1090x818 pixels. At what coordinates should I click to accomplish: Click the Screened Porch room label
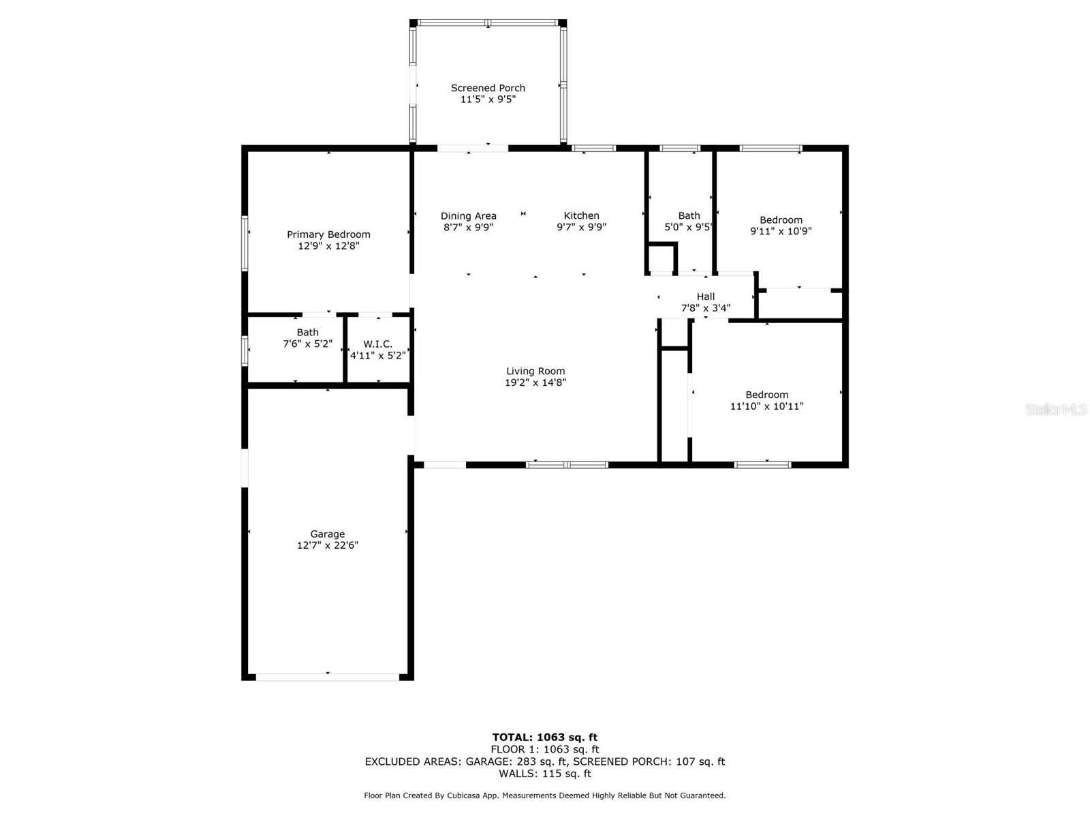point(488,88)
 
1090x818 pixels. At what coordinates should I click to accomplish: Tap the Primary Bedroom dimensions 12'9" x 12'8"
point(328,246)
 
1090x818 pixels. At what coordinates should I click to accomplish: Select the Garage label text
point(328,534)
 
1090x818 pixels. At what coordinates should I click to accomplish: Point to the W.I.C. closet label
point(377,344)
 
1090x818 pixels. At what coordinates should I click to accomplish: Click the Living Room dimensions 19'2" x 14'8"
point(535,383)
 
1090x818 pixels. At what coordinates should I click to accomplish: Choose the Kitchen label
point(581,215)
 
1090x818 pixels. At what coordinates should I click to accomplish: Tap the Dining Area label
point(468,215)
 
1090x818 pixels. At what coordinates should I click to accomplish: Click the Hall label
point(706,297)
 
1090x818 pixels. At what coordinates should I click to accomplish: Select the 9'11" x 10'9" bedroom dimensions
point(781,231)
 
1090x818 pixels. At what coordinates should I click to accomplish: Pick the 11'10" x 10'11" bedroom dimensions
point(766,406)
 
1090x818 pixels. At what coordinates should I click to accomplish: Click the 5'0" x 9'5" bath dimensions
point(688,227)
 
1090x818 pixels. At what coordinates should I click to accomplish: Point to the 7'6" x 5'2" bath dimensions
point(307,344)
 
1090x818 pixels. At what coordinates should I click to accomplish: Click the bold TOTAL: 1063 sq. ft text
point(545,737)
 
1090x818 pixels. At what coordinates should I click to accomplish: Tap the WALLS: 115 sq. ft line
point(545,774)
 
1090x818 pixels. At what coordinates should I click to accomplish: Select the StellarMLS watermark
point(1055,410)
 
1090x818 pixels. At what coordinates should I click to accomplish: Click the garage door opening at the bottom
point(328,677)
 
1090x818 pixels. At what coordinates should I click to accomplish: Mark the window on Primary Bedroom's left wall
point(245,243)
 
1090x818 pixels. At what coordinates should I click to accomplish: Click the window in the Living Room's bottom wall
point(567,465)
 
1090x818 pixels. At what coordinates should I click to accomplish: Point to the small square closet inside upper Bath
point(661,259)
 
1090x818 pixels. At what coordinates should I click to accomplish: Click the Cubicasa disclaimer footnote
point(545,796)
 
